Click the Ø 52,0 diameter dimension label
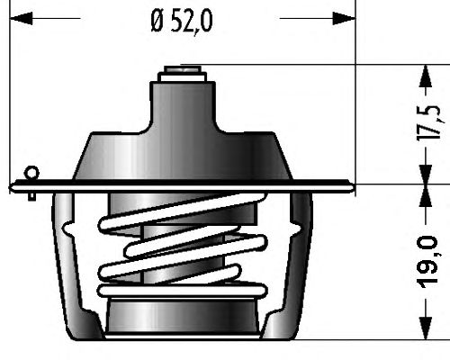182,22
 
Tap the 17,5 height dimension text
429,122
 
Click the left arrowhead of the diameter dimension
21,18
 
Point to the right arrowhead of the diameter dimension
344,18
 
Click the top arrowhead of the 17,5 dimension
426,76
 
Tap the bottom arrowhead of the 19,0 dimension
426,328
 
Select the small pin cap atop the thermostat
183,70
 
